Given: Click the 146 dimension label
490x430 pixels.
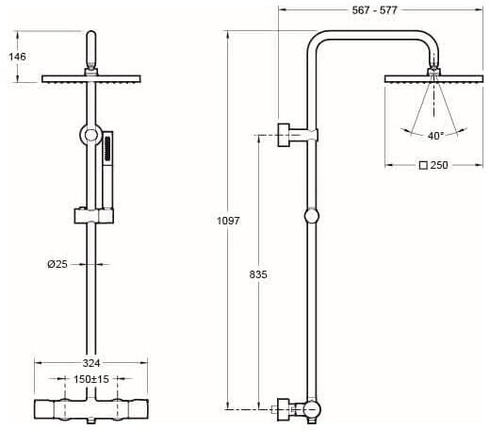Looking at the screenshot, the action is coord(17,57).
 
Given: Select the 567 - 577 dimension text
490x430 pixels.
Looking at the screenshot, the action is coord(374,10).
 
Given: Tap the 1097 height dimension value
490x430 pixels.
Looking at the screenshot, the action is coord(228,221).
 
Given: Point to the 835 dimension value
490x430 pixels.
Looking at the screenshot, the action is coord(258,274).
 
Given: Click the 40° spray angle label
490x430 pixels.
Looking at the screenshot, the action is coord(435,136).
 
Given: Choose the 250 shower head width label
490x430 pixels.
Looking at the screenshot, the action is coord(439,165).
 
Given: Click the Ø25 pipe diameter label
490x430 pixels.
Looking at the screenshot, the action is coord(57,264).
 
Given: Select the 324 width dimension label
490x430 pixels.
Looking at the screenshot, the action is coord(91,363).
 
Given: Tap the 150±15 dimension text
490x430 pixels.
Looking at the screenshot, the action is coord(91,379).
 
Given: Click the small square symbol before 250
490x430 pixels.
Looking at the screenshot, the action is coord(423,165).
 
